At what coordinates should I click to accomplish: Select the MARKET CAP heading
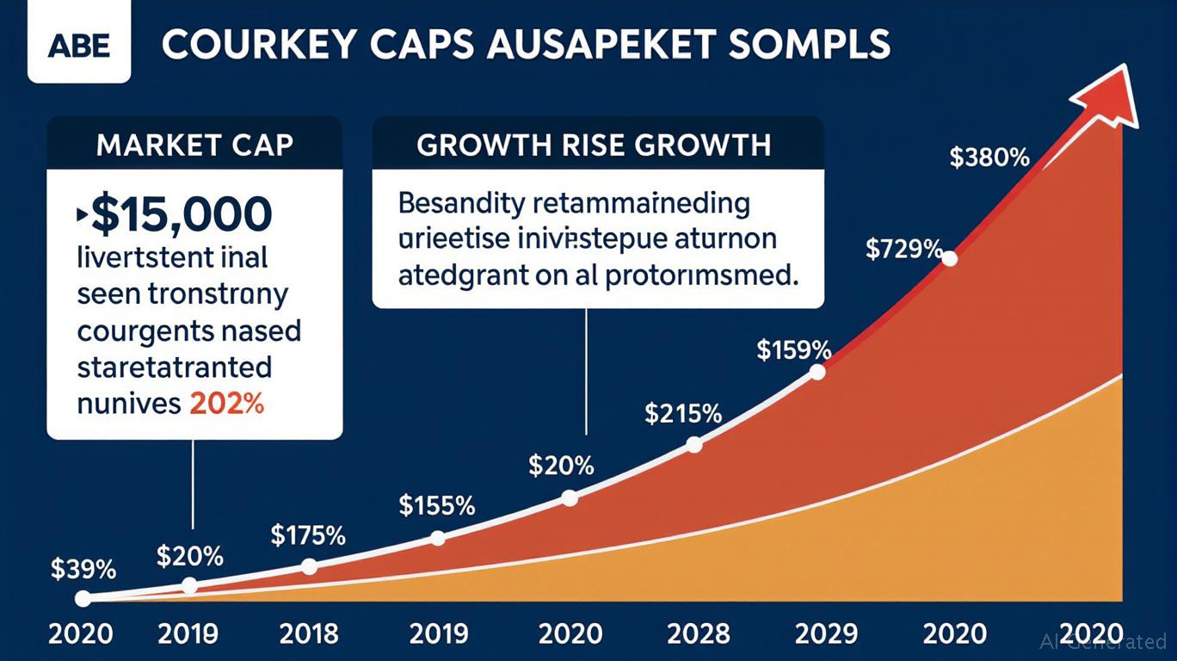[194, 145]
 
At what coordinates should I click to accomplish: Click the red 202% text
[225, 403]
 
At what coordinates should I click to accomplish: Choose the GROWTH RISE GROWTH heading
[594, 145]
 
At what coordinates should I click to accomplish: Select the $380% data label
[989, 158]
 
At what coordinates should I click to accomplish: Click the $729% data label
[904, 250]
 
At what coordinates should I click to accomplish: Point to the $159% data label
[793, 350]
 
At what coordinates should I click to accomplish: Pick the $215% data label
[683, 414]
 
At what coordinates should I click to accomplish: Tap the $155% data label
[437, 505]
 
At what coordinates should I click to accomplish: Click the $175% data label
[308, 536]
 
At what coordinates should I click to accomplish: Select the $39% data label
[83, 569]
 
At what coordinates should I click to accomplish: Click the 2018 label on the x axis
[309, 634]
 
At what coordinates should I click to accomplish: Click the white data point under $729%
[950, 258]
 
